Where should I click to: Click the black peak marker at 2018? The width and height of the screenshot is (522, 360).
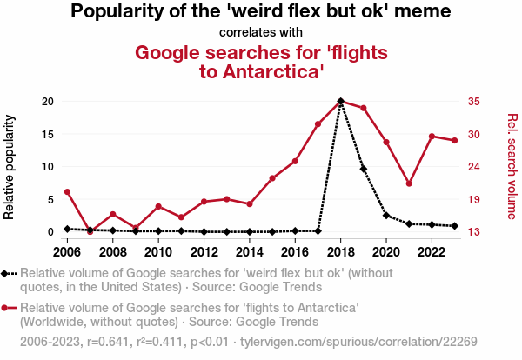[x=340, y=102]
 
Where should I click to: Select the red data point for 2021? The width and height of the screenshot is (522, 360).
[x=409, y=183]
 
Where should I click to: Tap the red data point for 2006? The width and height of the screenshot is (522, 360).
[x=67, y=191]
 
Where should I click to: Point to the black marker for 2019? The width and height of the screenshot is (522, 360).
[x=363, y=169]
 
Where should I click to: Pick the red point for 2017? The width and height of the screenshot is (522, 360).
[x=318, y=124]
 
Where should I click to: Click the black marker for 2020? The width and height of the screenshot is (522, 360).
[x=386, y=215]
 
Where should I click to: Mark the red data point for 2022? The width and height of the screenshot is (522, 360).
[x=432, y=137]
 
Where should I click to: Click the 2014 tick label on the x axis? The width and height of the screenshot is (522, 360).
[x=249, y=252]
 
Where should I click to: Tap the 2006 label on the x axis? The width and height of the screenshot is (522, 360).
[x=67, y=252]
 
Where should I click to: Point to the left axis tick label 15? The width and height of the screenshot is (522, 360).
[x=50, y=134]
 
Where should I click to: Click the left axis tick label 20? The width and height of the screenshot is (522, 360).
[x=50, y=102]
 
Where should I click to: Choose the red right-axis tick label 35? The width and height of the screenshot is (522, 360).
[x=474, y=102]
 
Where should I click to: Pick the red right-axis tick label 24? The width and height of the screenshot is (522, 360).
[x=474, y=167]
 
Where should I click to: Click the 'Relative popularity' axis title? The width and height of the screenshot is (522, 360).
[x=11, y=166]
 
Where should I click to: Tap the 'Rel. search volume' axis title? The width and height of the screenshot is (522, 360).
[x=512, y=166]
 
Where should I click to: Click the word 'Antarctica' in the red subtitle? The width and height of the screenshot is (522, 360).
[x=274, y=71]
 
